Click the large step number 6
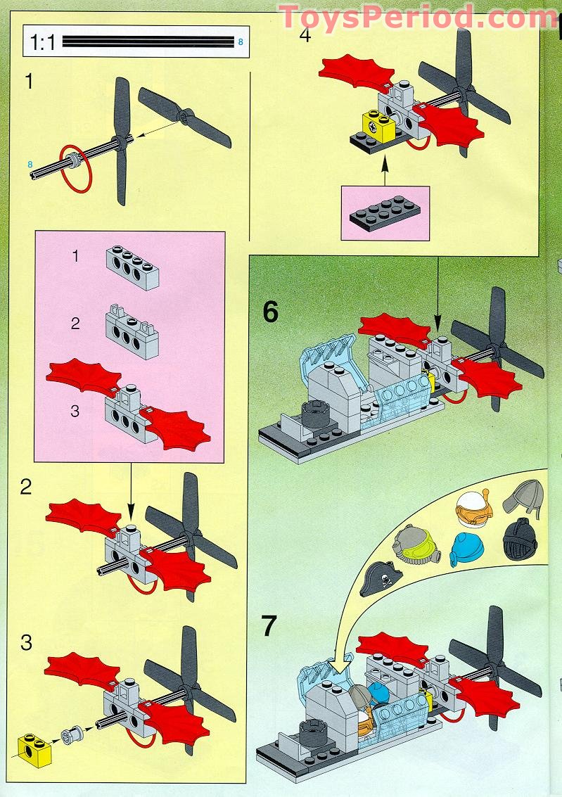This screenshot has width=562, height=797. (271, 312)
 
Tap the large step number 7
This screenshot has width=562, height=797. (270, 626)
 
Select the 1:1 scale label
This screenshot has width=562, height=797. (43, 44)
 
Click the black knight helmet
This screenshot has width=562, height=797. (521, 538)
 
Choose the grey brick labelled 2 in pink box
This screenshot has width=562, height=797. (131, 331)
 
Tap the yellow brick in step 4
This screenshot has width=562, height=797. (373, 126)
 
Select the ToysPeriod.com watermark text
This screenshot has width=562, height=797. (418, 16)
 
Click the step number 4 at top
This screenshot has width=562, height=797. (305, 35)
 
